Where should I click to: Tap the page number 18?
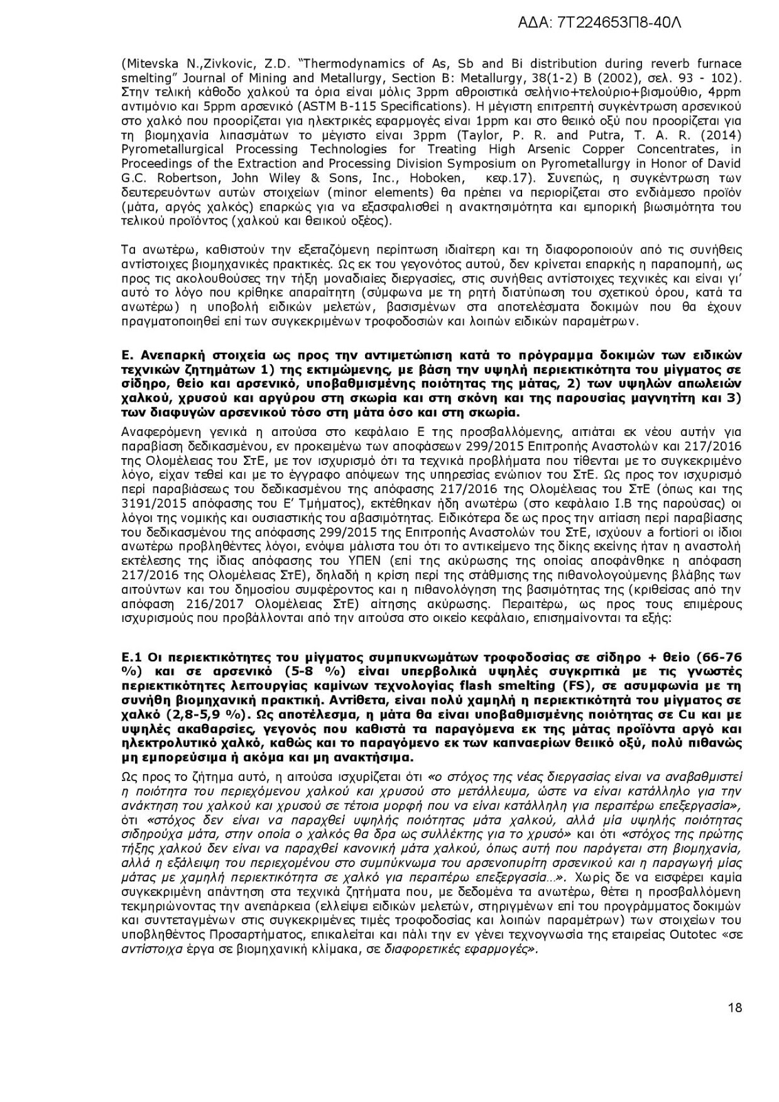coord(734,1008)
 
